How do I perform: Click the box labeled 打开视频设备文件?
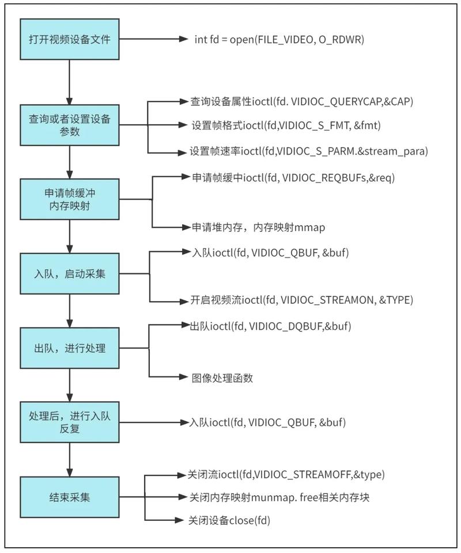click(x=70, y=39)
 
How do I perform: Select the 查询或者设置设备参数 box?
click(x=70, y=125)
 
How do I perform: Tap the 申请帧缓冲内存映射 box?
click(x=70, y=199)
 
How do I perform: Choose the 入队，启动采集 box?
click(x=70, y=274)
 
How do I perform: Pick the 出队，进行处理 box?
click(x=70, y=348)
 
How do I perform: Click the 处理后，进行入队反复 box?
click(x=70, y=422)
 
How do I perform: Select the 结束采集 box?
click(x=70, y=497)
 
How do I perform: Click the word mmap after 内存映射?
click(x=310, y=228)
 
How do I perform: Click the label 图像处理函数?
click(x=222, y=378)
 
